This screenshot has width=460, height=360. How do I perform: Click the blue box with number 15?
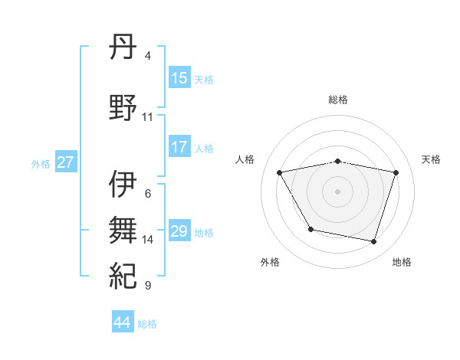click(x=179, y=78)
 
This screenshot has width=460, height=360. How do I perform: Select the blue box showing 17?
click(x=179, y=147)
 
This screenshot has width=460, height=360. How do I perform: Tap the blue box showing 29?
click(x=179, y=231)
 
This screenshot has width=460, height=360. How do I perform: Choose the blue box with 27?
click(x=65, y=162)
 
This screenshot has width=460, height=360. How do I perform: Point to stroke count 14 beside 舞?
click(x=148, y=240)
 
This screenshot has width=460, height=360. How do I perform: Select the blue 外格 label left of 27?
click(x=41, y=163)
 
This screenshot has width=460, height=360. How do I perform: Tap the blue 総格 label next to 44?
click(x=147, y=324)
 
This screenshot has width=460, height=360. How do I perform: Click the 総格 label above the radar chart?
click(x=337, y=100)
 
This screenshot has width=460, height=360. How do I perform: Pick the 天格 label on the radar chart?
click(x=431, y=159)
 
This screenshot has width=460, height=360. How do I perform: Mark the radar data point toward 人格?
click(x=280, y=172)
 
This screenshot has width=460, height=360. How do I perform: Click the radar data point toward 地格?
click(x=373, y=241)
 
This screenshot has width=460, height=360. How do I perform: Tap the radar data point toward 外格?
click(x=310, y=229)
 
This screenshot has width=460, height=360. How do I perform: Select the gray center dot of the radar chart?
click(x=337, y=191)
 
